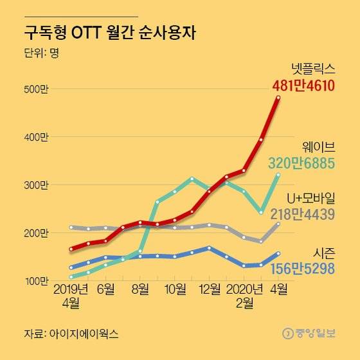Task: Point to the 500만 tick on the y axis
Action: pos(35,89)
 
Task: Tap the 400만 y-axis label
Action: pos(35,138)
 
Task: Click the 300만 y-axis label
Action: pos(35,185)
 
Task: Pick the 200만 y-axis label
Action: pos(35,233)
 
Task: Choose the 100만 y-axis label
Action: pos(35,281)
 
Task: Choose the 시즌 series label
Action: pos(324,253)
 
